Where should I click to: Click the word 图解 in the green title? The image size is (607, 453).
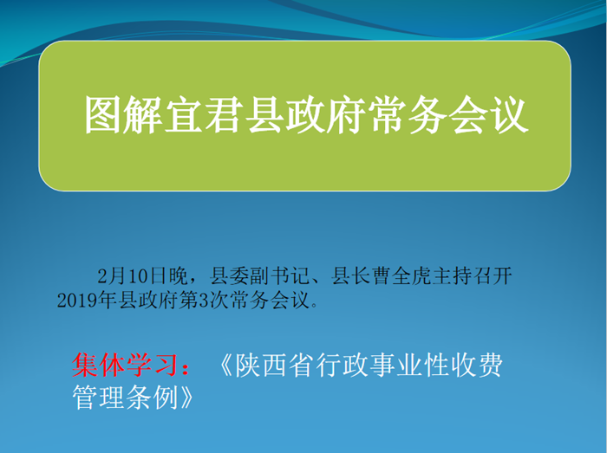(123, 115)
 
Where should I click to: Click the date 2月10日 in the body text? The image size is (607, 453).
(132, 276)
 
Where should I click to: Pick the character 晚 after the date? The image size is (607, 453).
(178, 276)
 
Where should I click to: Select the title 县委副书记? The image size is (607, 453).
(259, 276)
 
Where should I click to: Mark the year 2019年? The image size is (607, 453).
(87, 300)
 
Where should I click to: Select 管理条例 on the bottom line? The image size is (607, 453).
(125, 397)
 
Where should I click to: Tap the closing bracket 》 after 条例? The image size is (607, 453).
(186, 397)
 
